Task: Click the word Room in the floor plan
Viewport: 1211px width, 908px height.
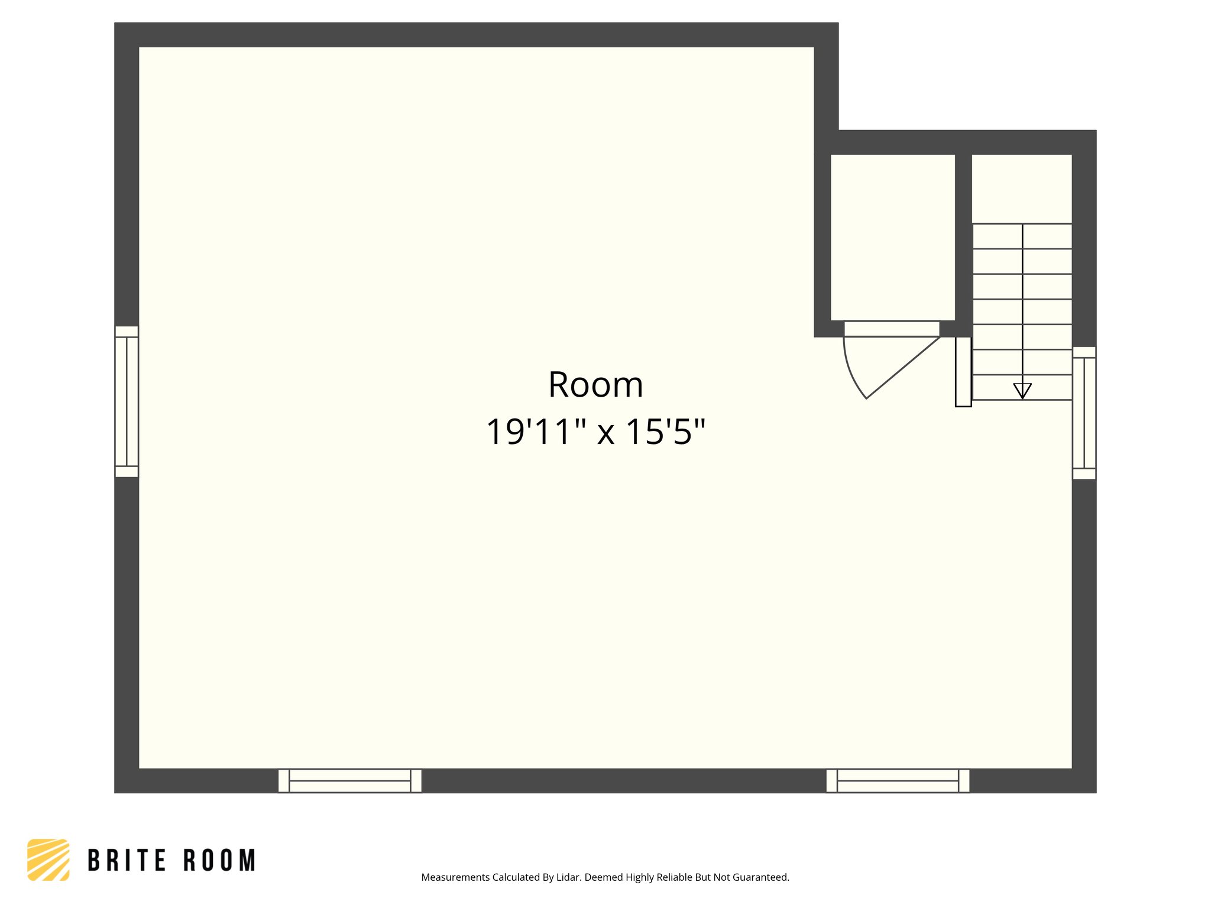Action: (595, 385)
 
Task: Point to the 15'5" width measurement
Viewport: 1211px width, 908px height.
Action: (665, 432)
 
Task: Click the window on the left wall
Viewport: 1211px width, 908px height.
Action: (127, 401)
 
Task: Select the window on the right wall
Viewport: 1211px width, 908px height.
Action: (1084, 413)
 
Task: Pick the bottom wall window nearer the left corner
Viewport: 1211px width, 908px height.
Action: (349, 780)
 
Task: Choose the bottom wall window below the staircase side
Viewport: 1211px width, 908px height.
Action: (898, 780)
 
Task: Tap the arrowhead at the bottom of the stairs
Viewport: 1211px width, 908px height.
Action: (1022, 391)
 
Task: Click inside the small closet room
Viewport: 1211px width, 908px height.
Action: (892, 236)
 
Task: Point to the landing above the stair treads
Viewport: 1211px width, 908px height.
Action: (1022, 188)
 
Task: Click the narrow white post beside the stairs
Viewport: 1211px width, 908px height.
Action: (963, 372)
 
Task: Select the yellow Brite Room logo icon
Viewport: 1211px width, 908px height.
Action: (48, 860)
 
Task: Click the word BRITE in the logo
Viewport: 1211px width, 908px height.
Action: (127, 861)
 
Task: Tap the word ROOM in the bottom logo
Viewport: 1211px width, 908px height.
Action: (219, 861)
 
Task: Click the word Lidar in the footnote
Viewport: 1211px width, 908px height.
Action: (568, 877)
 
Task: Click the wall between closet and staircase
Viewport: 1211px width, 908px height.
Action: (963, 236)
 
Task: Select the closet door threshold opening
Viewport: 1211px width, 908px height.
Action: (892, 329)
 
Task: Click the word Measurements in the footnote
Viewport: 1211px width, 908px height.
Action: (455, 877)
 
